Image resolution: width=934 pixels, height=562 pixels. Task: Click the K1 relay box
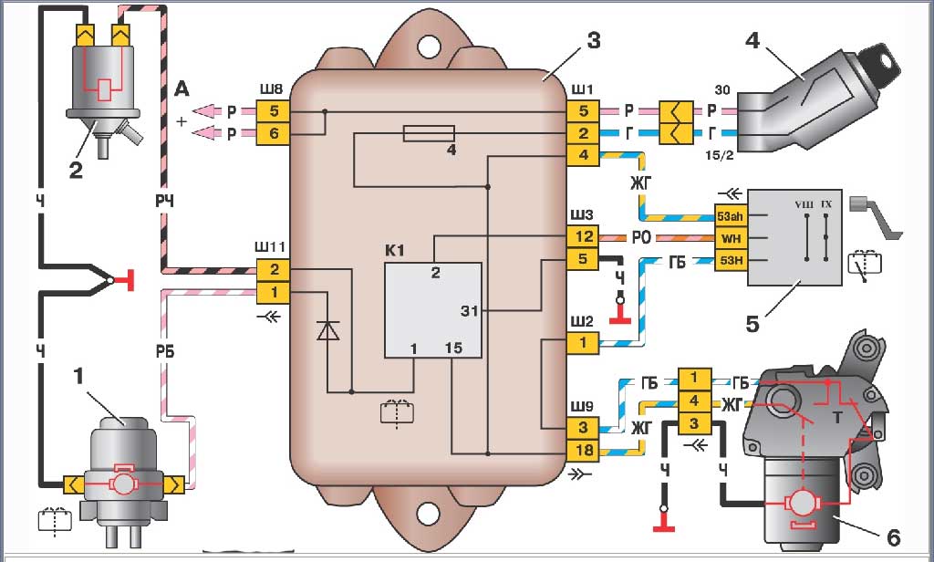433,310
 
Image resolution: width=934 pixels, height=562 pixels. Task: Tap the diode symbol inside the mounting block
327,330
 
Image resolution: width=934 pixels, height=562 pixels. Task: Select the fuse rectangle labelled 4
429,133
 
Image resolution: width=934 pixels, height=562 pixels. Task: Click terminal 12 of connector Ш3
583,236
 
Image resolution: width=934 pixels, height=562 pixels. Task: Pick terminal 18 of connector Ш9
583,451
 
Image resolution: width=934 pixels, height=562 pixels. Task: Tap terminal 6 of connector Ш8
274,133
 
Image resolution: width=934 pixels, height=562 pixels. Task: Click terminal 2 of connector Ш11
274,270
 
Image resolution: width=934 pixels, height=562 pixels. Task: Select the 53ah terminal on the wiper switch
731,215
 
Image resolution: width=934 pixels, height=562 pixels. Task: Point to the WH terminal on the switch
731,238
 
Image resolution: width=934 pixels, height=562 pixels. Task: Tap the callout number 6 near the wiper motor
893,537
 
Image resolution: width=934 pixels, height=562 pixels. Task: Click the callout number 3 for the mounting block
593,41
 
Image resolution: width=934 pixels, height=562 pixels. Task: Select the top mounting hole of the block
428,46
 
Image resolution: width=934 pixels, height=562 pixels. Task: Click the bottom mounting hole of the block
428,514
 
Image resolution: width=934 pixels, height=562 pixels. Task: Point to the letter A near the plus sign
182,89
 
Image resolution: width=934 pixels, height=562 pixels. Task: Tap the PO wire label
641,238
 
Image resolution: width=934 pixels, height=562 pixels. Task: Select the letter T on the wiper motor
837,417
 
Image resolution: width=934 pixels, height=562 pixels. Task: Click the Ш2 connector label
581,322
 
